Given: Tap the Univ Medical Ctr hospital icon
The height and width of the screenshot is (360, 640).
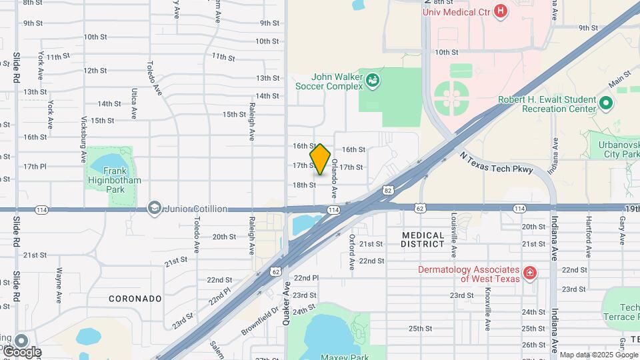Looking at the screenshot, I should click(x=501, y=11).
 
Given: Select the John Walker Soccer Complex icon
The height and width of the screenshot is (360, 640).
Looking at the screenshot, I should click(x=373, y=81).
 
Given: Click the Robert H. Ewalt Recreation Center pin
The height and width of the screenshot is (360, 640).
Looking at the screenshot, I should click(x=606, y=103).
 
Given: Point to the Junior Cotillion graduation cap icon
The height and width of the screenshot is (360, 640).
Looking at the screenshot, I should click(x=155, y=209).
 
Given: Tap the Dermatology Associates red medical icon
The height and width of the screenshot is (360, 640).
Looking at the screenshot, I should click(x=529, y=273).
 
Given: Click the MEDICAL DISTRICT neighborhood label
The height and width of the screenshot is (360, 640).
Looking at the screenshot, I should click(x=423, y=239).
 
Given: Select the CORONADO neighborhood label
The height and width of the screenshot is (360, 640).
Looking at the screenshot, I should click(x=135, y=299).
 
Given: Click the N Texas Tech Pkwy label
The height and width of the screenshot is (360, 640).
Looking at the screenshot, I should click(x=497, y=163).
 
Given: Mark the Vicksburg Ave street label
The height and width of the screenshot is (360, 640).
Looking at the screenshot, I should click(x=84, y=146).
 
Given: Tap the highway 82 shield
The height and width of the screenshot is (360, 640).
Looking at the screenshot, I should click(x=387, y=191).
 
